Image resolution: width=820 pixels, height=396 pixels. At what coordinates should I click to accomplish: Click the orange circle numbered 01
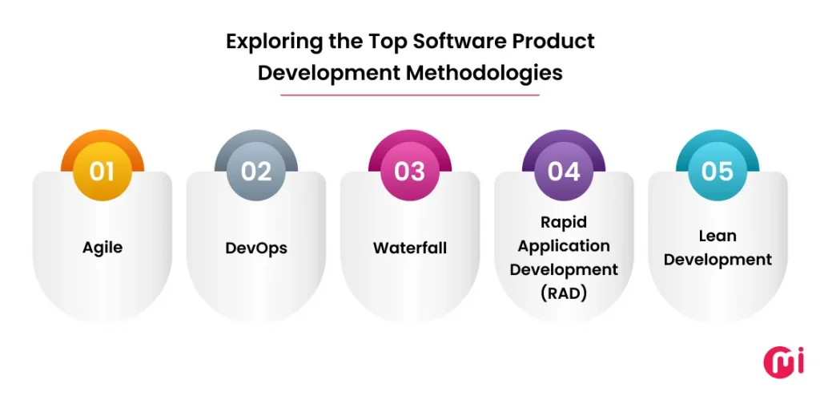pyautogui.click(x=102, y=172)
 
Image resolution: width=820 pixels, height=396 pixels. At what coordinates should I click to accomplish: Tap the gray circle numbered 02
pyautogui.click(x=256, y=172)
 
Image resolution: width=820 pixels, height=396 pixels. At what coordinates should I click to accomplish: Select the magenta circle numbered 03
pyautogui.click(x=409, y=172)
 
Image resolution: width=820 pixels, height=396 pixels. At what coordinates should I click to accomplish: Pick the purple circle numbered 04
pyautogui.click(x=563, y=172)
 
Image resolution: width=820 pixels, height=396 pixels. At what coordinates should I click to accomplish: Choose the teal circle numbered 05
pyautogui.click(x=717, y=172)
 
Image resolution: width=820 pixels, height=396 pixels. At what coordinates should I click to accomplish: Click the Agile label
pyautogui.click(x=102, y=248)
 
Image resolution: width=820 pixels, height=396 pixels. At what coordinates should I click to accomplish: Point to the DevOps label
pyautogui.click(x=256, y=248)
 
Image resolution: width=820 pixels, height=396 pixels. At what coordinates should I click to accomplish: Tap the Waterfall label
pyautogui.click(x=409, y=248)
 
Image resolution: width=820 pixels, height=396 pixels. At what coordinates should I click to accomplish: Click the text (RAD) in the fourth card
pyautogui.click(x=563, y=293)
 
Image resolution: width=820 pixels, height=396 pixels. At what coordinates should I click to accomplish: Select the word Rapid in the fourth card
pyautogui.click(x=563, y=222)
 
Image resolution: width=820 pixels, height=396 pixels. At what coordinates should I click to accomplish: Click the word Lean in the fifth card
pyautogui.click(x=717, y=236)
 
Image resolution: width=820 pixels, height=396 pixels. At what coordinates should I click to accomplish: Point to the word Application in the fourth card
pyautogui.click(x=563, y=245)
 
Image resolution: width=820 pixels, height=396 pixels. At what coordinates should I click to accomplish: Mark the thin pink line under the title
pyautogui.click(x=409, y=95)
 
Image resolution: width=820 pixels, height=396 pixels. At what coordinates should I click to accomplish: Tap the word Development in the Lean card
pyautogui.click(x=717, y=260)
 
